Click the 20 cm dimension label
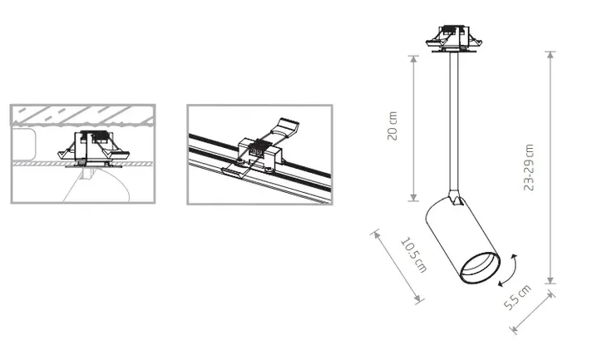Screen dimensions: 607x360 coord(392,126)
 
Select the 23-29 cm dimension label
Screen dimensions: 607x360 coord(529,167)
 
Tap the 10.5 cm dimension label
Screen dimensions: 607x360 coord(414,254)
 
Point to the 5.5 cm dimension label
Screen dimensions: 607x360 coord(517,298)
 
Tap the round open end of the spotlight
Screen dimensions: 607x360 coord(480,268)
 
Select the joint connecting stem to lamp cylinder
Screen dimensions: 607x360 coord(456,197)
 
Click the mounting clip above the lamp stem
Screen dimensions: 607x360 coord(454,38)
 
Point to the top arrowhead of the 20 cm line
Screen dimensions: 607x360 coord(413,59)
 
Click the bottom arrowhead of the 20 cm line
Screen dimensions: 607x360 coord(413,197)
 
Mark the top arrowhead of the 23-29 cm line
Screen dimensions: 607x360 coord(550,56)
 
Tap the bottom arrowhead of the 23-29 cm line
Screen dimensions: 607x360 coord(550,279)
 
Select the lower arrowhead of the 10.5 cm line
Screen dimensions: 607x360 coord(417,298)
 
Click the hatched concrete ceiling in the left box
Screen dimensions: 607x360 coord(83,115)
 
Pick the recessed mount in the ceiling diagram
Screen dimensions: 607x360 coord(93,150)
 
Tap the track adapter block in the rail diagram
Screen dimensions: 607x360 coord(259,152)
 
